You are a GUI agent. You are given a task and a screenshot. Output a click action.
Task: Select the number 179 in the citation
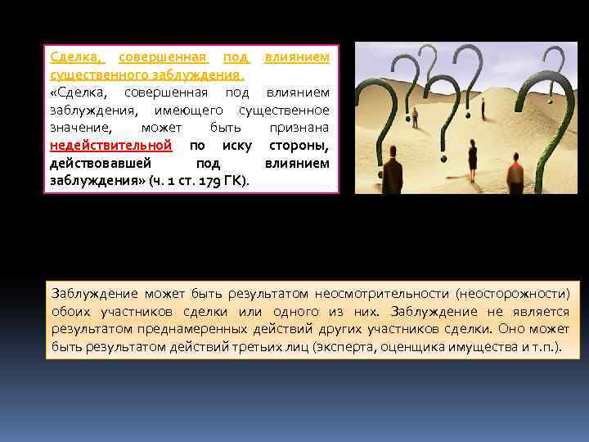tap(211, 181)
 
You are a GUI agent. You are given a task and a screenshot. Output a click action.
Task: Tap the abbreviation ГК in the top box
tap(235, 181)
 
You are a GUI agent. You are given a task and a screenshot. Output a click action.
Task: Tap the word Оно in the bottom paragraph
tap(509, 329)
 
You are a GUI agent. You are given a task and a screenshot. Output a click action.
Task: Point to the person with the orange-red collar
tap(515, 173)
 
